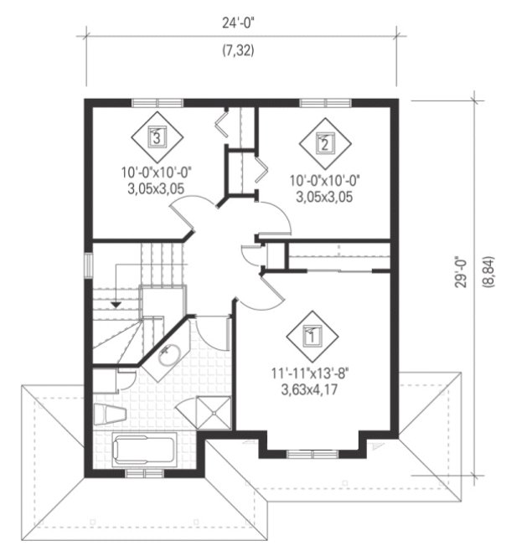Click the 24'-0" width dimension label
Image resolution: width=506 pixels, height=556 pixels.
pos(239,24)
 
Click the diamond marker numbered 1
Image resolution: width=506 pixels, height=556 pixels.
pos(312,337)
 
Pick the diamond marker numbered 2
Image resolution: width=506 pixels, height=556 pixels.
pos(324,142)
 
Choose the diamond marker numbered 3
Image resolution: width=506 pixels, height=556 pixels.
pos(155,135)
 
